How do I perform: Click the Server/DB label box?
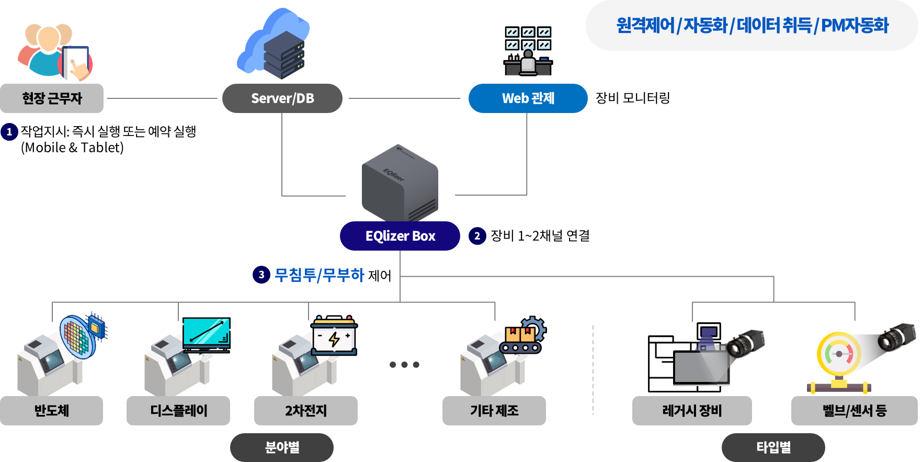[282, 98]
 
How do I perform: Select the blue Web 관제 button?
[528, 98]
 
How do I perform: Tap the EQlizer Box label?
[400, 236]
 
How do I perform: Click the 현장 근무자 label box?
[52, 98]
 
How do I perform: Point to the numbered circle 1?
[9, 132]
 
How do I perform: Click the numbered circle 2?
[477, 236]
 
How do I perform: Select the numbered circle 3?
[261, 275]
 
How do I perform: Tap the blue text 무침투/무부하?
[320, 275]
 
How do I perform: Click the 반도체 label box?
[52, 411]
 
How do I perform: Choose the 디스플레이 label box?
[178, 411]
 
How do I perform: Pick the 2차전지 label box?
[306, 411]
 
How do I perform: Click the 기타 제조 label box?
[494, 411]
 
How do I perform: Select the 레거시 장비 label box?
[692, 411]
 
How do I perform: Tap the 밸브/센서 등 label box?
[855, 411]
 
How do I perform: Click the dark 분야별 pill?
[282, 447]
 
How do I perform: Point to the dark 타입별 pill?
[773, 447]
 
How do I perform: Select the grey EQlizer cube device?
[400, 183]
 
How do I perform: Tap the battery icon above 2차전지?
[334, 337]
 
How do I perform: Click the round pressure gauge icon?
[839, 355]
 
